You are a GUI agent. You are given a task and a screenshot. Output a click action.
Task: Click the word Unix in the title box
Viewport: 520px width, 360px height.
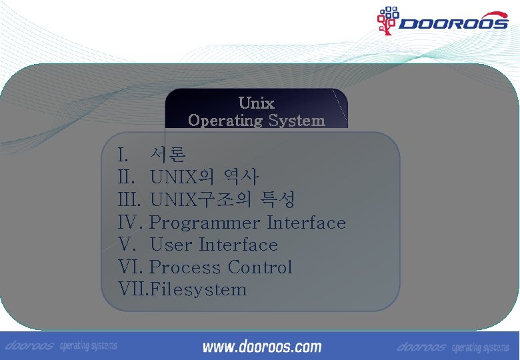(x=256, y=103)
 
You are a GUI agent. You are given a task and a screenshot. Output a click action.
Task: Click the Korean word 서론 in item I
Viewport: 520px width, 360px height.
(x=167, y=155)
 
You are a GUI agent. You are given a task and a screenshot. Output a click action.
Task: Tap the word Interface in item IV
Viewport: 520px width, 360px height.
(x=307, y=223)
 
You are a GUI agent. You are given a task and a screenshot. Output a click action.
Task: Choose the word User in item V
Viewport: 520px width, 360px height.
(x=171, y=245)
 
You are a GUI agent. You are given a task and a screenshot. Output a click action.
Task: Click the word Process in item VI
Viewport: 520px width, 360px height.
(x=185, y=267)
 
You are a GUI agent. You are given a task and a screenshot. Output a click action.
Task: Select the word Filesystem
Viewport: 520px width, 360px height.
(x=199, y=289)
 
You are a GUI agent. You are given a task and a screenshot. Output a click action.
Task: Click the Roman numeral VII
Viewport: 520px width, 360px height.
(x=133, y=289)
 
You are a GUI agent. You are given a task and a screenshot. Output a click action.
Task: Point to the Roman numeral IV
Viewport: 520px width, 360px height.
(x=131, y=223)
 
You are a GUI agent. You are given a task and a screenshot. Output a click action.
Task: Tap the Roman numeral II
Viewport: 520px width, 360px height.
(x=127, y=177)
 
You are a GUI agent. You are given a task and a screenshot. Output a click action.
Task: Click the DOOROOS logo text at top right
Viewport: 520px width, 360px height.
(x=453, y=24)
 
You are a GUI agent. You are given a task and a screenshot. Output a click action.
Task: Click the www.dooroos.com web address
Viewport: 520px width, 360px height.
(x=262, y=347)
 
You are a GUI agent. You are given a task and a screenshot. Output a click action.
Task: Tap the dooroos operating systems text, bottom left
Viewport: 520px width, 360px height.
(x=61, y=347)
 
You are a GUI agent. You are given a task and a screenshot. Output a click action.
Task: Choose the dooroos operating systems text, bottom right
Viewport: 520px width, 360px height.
(x=453, y=347)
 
